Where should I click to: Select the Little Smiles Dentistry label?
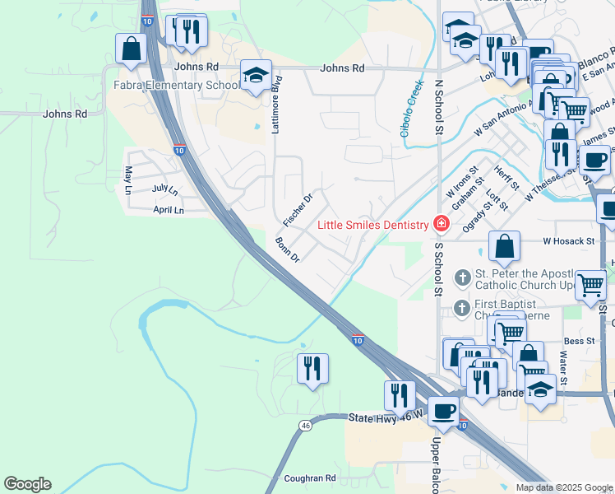pyautogui.click(x=374, y=225)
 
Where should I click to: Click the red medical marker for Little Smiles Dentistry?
pyautogui.click(x=442, y=224)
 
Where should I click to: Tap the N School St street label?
pyautogui.click(x=438, y=107)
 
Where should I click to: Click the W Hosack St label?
pyautogui.click(x=567, y=242)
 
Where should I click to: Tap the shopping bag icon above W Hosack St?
pyautogui.click(x=504, y=246)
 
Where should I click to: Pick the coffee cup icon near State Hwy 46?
pyautogui.click(x=444, y=411)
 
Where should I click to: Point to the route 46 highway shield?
pyautogui.click(x=306, y=426)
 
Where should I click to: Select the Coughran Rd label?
pyautogui.click(x=310, y=478)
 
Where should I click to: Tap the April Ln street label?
pyautogui.click(x=169, y=211)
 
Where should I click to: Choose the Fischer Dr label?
pyautogui.click(x=298, y=210)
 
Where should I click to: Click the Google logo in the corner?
pyautogui.click(x=27, y=484)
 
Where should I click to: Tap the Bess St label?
pyautogui.click(x=579, y=340)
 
